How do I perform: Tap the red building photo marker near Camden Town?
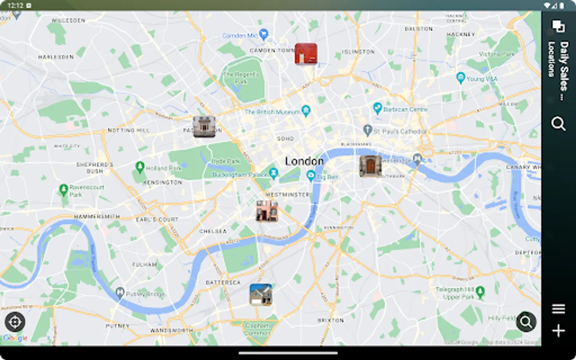pos(306,54)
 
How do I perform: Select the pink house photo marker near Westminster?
pos(267,211)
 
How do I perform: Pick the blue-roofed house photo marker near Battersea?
pos(261,295)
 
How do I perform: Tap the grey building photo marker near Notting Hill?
pos(204,127)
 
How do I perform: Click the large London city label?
pos(304,161)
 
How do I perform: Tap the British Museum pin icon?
pos(306,111)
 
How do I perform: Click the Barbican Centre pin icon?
pos(377,108)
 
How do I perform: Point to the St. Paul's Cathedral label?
pos(400,131)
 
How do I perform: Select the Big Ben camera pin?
pos(311,175)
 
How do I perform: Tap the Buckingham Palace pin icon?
pos(274,173)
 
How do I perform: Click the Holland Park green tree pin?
pos(140,167)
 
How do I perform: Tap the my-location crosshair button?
pos(15,322)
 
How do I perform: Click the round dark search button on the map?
pos(526,322)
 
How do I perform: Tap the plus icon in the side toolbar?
pos(558,331)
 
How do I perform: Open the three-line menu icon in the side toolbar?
pos(558,309)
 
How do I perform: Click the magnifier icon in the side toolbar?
pos(558,124)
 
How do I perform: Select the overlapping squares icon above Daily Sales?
pos(558,26)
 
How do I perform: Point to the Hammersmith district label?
pos(97,216)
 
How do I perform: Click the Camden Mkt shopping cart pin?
pos(263,34)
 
